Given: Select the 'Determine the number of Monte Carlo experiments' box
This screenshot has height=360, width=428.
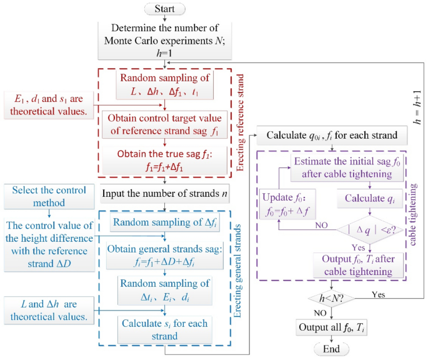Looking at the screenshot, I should [165, 39].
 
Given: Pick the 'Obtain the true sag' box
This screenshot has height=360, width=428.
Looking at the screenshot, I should [165, 159].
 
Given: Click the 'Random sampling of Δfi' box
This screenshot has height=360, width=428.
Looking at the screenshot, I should [165, 223].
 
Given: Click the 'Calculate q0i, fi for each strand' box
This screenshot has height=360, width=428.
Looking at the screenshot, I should [329, 136].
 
